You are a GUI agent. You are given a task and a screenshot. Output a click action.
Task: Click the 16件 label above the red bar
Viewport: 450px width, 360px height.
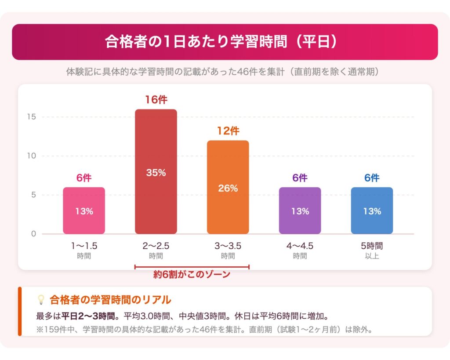(156, 100)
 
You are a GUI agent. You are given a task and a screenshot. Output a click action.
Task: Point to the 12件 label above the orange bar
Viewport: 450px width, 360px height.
(228, 131)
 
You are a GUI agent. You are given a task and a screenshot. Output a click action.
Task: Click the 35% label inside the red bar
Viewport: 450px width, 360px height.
(156, 173)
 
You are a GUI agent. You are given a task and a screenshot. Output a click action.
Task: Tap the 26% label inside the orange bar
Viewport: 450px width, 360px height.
(228, 188)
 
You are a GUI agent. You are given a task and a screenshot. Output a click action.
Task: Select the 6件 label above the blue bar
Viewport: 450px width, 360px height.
(372, 178)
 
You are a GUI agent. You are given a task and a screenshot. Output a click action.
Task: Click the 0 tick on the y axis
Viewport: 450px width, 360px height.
(33, 234)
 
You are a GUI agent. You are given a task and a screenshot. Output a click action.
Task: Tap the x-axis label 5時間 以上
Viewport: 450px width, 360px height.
(372, 251)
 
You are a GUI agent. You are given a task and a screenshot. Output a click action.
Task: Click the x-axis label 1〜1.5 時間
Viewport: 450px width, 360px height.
(83, 251)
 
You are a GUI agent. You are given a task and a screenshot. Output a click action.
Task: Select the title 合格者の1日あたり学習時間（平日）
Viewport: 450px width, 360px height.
(225, 42)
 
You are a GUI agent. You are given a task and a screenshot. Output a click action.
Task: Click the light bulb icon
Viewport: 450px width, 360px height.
(41, 300)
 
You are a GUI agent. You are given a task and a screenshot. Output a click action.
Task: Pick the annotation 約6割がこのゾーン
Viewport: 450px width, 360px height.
(192, 275)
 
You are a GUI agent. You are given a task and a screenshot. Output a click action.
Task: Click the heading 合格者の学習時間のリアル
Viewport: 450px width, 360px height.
(110, 300)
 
